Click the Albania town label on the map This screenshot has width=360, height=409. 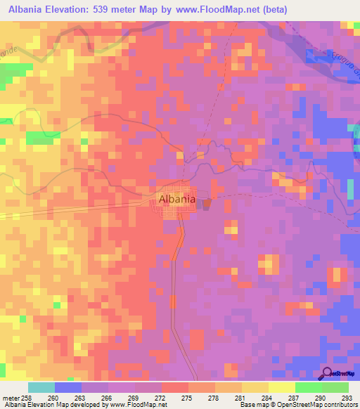tap(177, 199)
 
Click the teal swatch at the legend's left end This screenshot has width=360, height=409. tap(41, 387)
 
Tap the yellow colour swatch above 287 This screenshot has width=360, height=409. tap(282, 387)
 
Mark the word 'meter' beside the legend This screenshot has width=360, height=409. tap(12, 397)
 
